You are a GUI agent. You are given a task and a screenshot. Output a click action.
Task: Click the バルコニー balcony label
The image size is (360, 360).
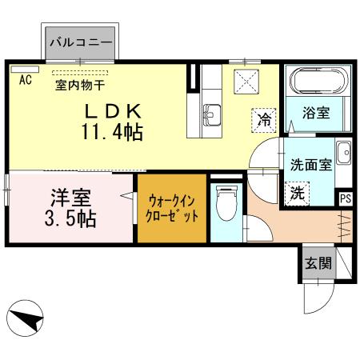(x=81, y=39)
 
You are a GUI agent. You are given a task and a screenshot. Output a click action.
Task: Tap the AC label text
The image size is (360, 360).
(x=25, y=79)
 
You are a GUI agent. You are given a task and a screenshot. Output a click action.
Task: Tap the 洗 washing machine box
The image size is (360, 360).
(x=296, y=192)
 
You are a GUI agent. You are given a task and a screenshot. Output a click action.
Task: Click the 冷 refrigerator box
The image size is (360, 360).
(x=262, y=119)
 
